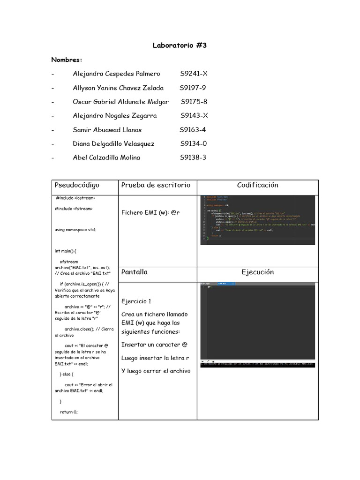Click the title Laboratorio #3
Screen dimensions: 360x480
click(180, 45)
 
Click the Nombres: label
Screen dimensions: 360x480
click(67, 60)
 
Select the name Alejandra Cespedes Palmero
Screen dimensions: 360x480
click(116, 74)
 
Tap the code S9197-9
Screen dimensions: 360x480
click(193, 88)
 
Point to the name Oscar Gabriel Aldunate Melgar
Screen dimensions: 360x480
click(120, 102)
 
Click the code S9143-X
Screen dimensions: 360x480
click(194, 115)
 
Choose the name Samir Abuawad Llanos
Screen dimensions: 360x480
click(107, 129)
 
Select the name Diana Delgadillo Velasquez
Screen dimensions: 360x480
click(113, 143)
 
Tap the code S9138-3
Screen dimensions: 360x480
click(193, 157)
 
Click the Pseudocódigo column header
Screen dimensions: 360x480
click(77, 185)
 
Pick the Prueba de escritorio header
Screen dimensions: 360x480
click(156, 185)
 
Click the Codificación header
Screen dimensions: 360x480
click(257, 185)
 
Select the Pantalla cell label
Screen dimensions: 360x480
click(134, 272)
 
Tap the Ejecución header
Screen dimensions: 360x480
click(257, 272)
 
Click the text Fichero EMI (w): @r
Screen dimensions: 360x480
click(150, 213)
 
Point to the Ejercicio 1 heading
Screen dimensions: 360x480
click(136, 301)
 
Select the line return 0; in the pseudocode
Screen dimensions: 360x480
click(68, 412)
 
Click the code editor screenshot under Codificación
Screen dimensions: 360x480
click(257, 219)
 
